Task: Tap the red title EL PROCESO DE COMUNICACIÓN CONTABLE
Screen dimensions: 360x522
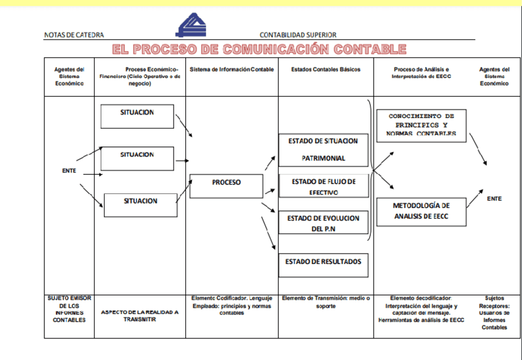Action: point(259,49)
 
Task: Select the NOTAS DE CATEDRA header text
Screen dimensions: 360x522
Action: point(74,36)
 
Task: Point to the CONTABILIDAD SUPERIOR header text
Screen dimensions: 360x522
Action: point(298,36)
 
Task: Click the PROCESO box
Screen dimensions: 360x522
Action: point(227,186)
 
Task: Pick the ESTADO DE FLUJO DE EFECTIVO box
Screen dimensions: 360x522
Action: point(323,186)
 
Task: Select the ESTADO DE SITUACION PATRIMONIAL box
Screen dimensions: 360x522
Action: point(323,149)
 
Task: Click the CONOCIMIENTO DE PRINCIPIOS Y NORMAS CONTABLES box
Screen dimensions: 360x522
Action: point(421,125)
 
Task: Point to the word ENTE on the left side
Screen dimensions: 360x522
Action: point(69,170)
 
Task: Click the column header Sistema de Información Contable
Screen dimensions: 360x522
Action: point(231,70)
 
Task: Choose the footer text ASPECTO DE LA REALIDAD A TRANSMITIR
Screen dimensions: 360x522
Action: point(140,316)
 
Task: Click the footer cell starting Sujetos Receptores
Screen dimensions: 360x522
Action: point(494,313)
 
